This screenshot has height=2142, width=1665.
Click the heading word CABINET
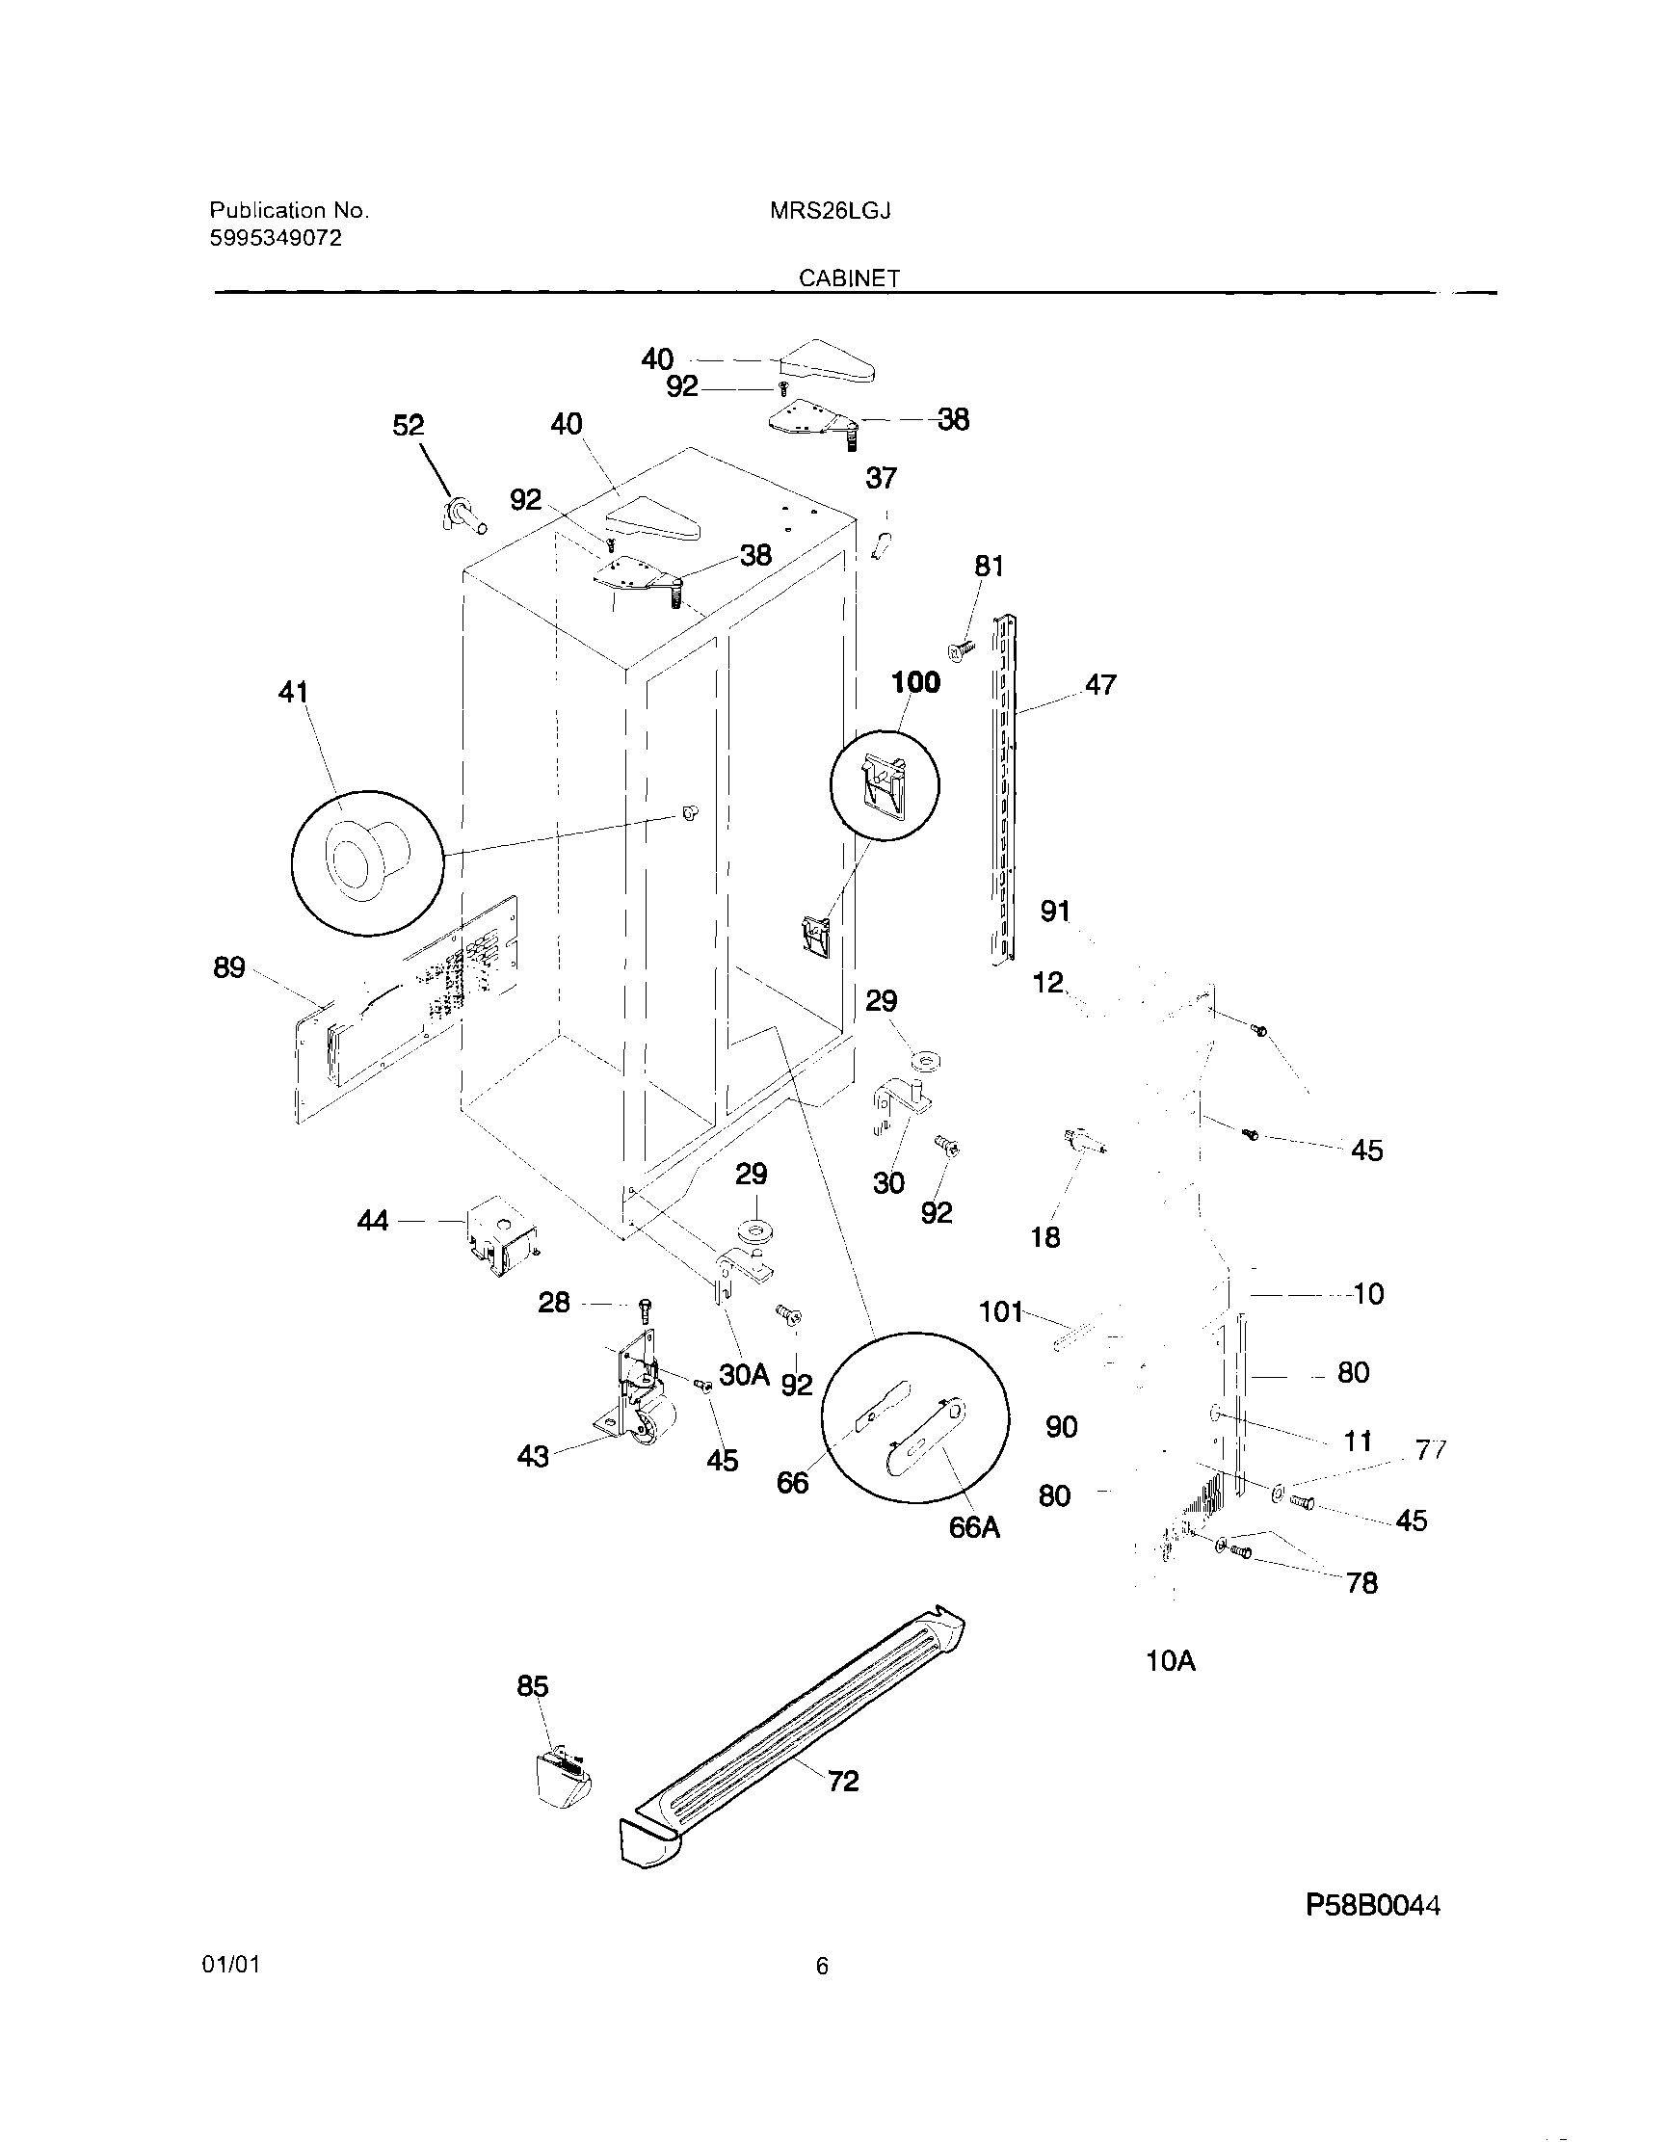point(849,278)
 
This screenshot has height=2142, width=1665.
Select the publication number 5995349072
point(276,238)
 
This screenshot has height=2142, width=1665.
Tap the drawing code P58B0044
point(1373,1905)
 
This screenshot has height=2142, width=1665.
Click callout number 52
point(408,426)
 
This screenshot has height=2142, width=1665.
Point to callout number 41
point(293,693)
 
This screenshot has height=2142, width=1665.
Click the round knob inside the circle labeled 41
point(364,859)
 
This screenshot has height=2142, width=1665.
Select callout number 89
point(228,968)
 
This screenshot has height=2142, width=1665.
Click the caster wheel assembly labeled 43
point(631,1398)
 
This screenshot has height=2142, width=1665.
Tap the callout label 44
point(373,1221)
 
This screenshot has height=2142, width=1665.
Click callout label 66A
point(974,1527)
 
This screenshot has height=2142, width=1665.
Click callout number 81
point(989,566)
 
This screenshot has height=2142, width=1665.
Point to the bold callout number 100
point(914,681)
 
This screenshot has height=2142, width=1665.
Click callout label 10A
point(1170,1661)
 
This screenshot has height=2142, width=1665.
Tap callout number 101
point(1001,1311)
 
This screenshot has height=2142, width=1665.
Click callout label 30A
point(743,1375)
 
